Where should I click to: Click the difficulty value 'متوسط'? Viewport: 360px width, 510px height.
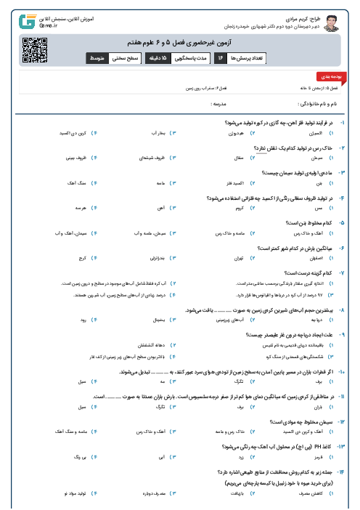click(x=97, y=57)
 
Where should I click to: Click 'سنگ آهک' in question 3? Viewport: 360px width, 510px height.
click(x=68, y=185)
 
